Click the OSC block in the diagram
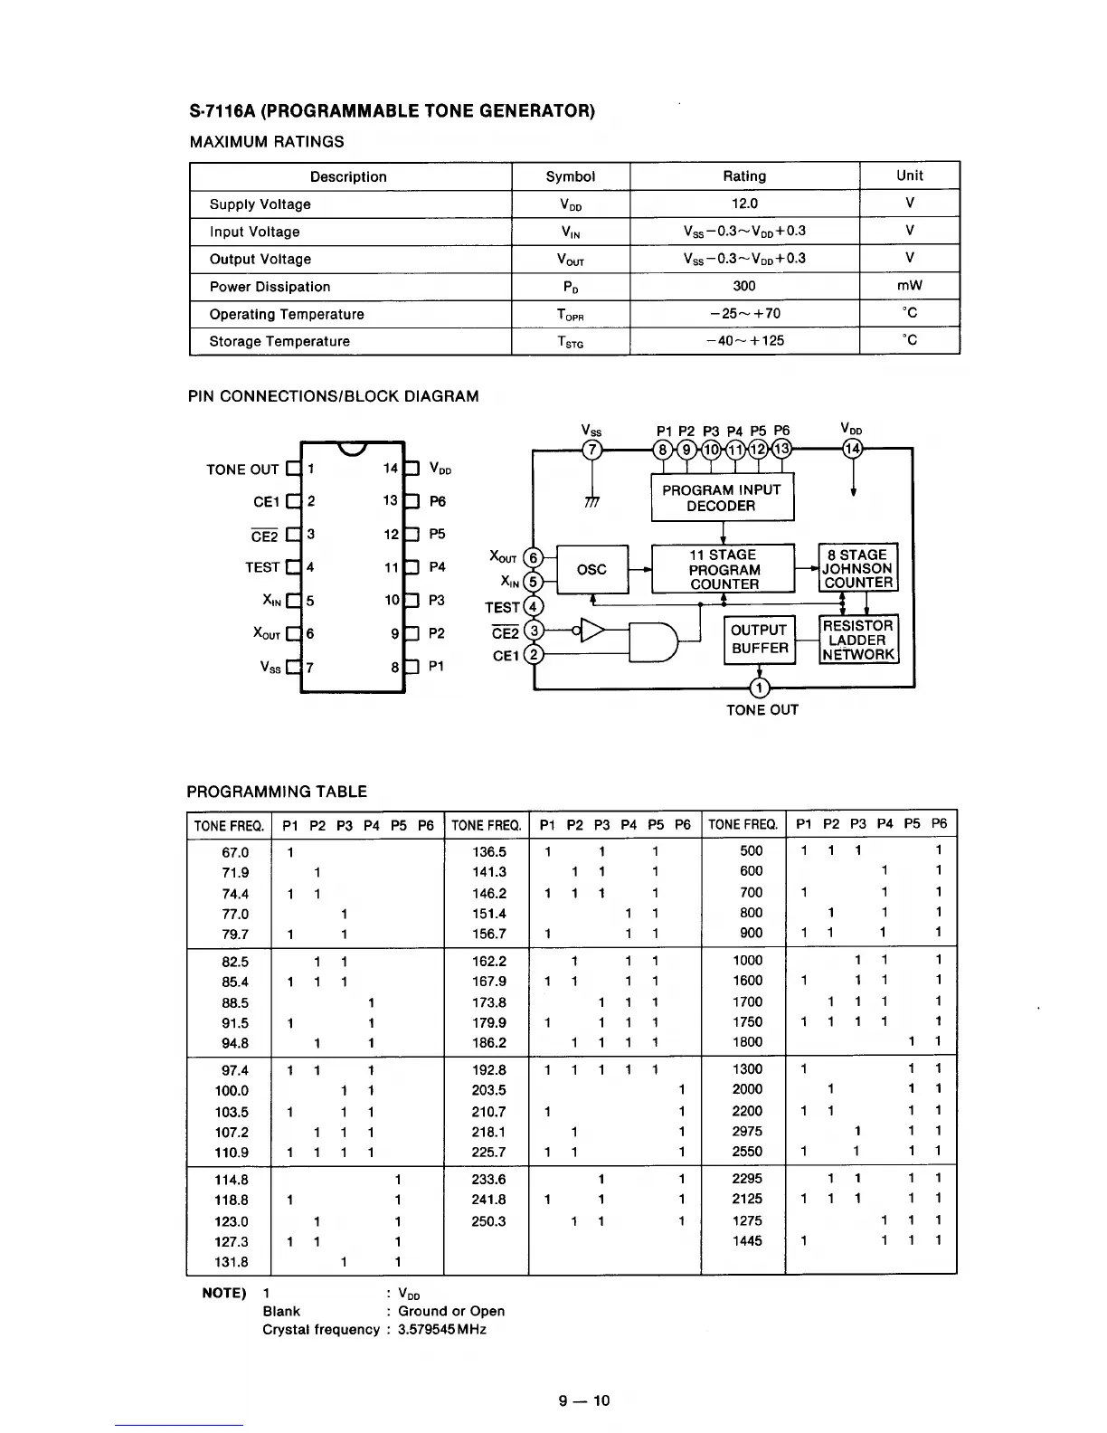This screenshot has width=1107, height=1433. coord(591,569)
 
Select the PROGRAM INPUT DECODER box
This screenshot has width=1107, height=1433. coord(722,498)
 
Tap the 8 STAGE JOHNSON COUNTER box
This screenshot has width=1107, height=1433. coord(857,568)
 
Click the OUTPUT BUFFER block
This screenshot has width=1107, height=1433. coord(760,640)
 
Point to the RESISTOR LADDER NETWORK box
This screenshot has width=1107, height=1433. coord(858,640)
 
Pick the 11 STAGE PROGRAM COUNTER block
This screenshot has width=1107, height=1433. coord(724,569)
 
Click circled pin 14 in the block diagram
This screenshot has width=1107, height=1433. coord(852,449)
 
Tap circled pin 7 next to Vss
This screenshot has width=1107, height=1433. coord(591,450)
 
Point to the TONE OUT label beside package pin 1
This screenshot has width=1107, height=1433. coord(242,470)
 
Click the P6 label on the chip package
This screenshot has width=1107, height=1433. coord(438,501)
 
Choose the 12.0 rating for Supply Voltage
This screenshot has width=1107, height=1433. coord(744,204)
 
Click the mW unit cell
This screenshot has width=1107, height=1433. coord(909,286)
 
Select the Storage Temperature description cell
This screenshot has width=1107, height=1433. coord(279,341)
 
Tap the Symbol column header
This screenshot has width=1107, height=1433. coord(570,176)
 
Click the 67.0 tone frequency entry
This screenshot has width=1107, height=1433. coord(234,852)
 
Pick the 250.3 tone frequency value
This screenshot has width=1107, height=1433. coord(489,1221)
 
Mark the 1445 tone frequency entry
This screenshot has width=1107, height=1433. coord(747,1241)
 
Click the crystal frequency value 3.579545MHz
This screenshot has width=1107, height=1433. coord(442,1330)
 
